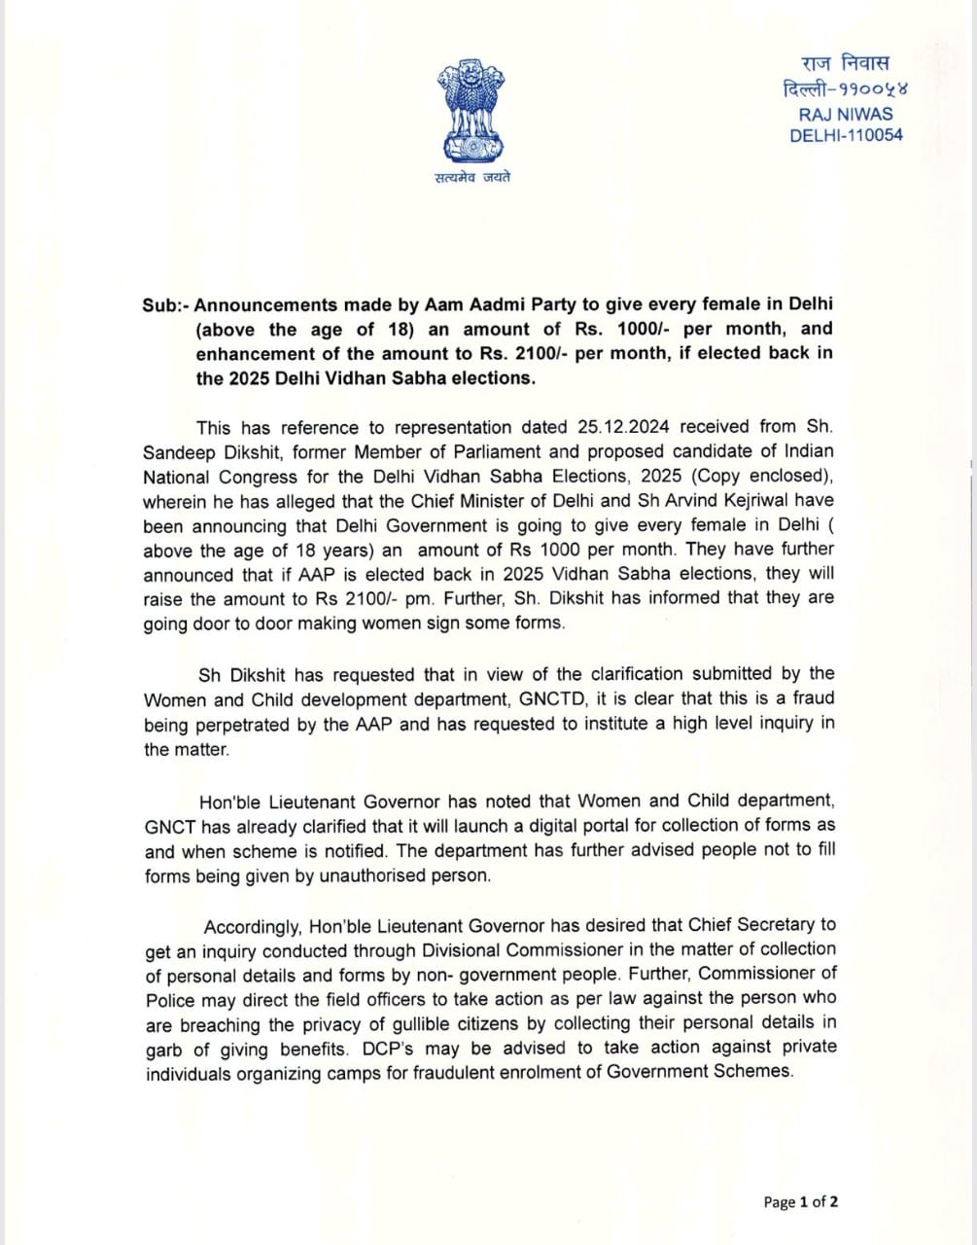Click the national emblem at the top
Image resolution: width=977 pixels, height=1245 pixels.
pos(471,110)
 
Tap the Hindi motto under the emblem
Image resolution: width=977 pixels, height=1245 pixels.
pos(472,177)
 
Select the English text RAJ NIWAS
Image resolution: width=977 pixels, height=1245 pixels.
pos(845,113)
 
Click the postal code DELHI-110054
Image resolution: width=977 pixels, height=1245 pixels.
pos(846,135)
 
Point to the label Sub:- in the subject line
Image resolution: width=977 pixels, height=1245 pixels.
pos(165,304)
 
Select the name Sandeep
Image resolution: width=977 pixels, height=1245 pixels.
pos(180,452)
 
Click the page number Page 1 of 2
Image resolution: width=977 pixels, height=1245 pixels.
pos(801,1202)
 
